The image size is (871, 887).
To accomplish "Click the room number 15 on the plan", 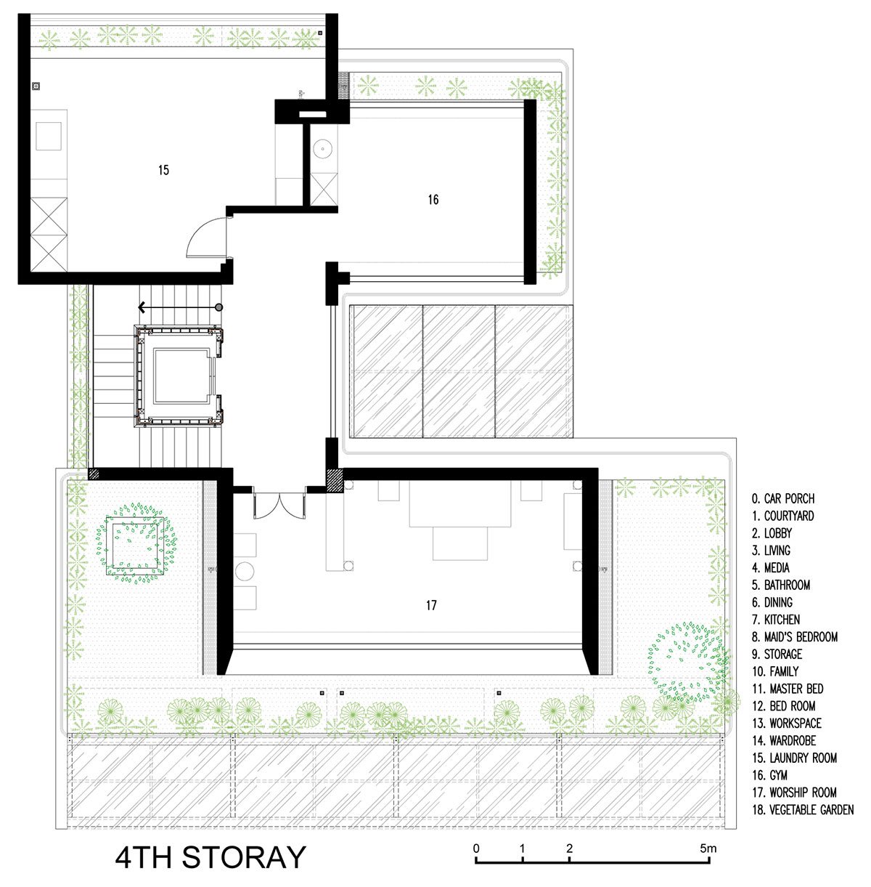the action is pos(163,170).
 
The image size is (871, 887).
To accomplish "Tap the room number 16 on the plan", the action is pos(433,199).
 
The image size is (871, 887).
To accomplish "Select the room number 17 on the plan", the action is pos(431,605).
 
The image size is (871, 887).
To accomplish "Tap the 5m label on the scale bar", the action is pos(708,848).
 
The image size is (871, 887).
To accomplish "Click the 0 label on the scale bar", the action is pos(476,848).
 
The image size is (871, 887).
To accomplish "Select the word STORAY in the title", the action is pos(244,857).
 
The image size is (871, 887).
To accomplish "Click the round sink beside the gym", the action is pos(323,149).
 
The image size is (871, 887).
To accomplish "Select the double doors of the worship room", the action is pos(279,506).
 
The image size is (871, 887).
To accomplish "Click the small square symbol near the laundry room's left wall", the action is pos(36,86).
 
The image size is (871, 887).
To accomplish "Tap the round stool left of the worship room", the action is pos(245,571).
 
